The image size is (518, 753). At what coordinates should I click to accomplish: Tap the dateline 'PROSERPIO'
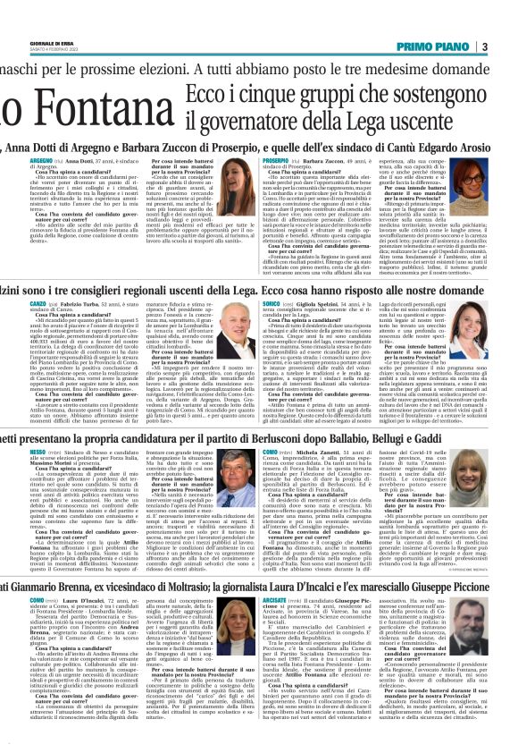pos(276,162)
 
